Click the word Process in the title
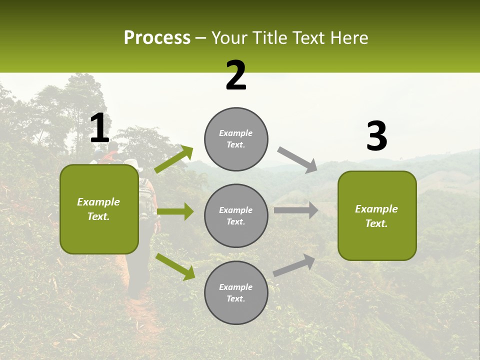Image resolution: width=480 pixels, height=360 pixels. pos(157,38)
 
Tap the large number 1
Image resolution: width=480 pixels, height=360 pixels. pos(99,129)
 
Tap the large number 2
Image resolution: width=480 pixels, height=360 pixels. pos(236,76)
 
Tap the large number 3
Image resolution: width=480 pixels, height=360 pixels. pos(376,137)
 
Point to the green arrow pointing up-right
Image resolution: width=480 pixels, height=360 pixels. pos(174,159)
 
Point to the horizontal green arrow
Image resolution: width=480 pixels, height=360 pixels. pos(175,211)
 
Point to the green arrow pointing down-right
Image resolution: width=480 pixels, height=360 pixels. pos(175,266)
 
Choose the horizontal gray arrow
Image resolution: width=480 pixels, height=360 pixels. pos(295,210)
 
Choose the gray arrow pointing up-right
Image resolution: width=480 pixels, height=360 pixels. pos(294,265)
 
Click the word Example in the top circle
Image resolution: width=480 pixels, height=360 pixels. pos(235,133)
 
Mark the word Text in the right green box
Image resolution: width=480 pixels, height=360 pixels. pos(376,223)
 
